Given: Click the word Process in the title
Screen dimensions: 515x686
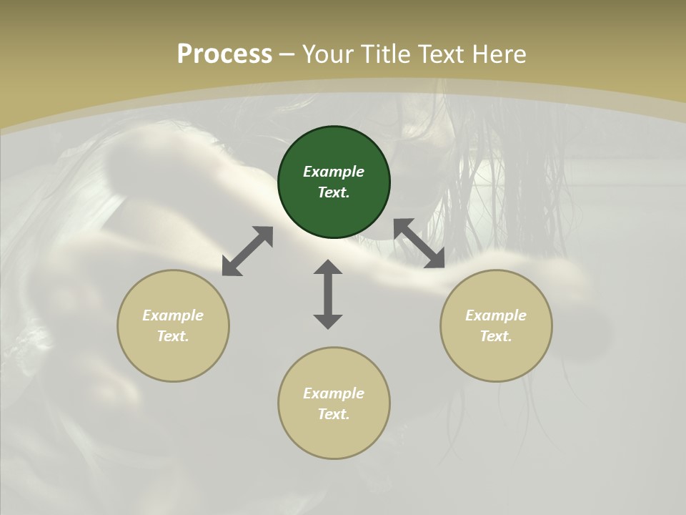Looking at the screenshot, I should click(x=224, y=54).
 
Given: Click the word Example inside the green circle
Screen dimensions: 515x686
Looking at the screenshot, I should click(x=334, y=172).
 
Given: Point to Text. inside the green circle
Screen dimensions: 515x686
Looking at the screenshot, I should click(x=334, y=192).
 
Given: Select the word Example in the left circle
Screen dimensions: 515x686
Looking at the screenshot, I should click(x=173, y=315).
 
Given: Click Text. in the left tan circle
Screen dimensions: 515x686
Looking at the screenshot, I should click(x=173, y=336).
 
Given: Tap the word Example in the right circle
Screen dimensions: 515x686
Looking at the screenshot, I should click(x=496, y=315).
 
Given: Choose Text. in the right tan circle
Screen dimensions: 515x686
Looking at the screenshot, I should click(x=496, y=336).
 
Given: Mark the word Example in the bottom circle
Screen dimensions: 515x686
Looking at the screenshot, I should click(x=334, y=393).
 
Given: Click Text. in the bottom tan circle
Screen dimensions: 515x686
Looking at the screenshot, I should click(x=334, y=414).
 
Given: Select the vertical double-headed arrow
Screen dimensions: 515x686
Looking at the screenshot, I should click(x=328, y=294).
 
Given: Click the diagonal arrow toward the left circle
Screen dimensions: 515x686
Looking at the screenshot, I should click(x=247, y=251).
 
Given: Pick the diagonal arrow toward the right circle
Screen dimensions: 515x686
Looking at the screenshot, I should click(x=419, y=243).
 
